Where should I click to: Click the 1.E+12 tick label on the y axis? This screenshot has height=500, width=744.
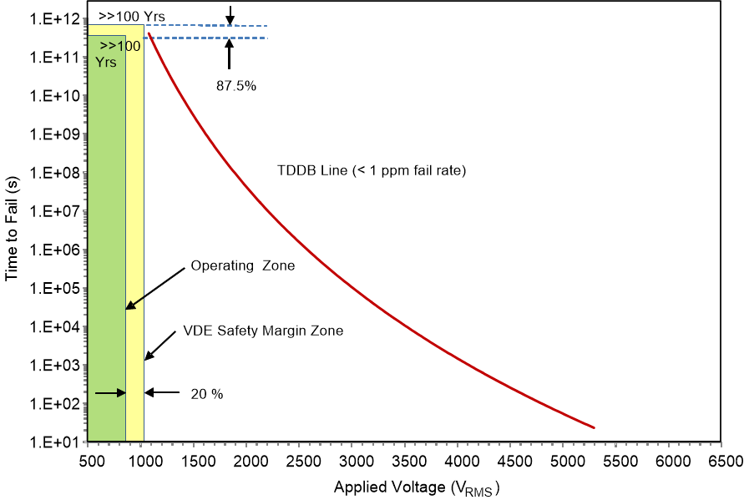click(x=56, y=18)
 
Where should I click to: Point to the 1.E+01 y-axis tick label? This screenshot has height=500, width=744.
click(x=56, y=442)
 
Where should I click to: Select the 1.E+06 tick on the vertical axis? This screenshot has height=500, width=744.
click(x=56, y=250)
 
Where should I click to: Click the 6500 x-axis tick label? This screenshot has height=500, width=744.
click(x=723, y=461)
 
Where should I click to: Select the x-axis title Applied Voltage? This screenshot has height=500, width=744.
click(x=416, y=487)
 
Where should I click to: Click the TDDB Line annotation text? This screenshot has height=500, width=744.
click(x=371, y=170)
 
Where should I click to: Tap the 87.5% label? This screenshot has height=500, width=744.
click(x=236, y=84)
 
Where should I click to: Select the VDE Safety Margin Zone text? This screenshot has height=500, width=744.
click(x=263, y=331)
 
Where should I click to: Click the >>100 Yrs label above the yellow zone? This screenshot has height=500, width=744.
click(x=125, y=15)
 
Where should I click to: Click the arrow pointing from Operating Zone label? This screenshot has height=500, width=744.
click(x=155, y=289)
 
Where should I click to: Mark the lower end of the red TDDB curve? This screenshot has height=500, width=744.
click(x=594, y=427)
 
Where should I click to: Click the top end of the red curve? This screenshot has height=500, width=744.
click(x=149, y=33)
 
